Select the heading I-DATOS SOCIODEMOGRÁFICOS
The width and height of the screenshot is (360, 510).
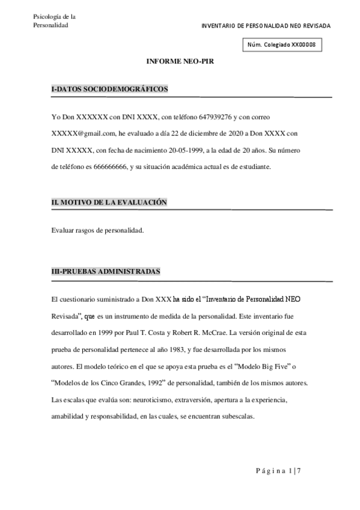110,89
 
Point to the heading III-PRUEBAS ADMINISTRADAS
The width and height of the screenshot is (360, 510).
106,271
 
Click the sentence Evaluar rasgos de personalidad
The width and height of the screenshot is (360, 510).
97,230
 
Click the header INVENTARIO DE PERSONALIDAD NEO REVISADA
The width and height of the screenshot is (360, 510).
266,26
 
